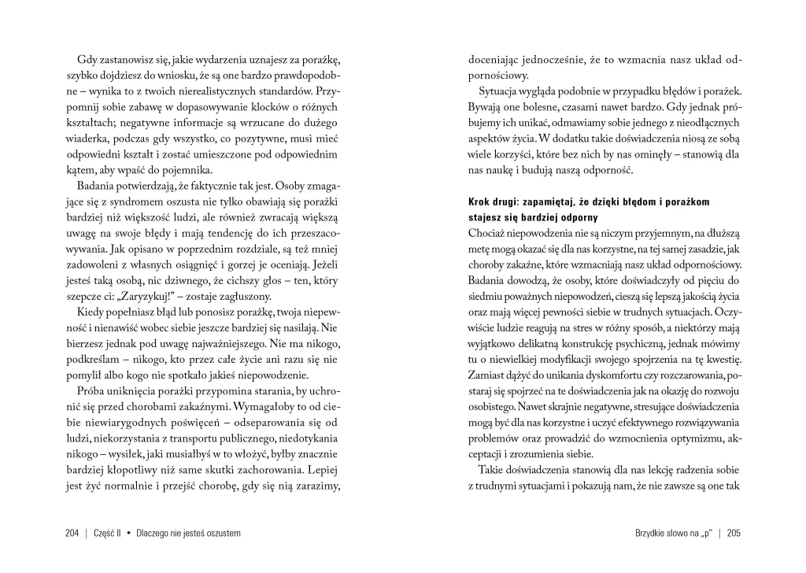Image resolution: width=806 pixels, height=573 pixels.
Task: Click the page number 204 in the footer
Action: point(72,533)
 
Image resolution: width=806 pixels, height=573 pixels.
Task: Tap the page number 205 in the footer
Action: point(734,533)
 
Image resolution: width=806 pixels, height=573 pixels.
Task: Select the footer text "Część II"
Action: point(109,533)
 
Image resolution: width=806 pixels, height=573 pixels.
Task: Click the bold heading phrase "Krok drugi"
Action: point(493,202)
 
